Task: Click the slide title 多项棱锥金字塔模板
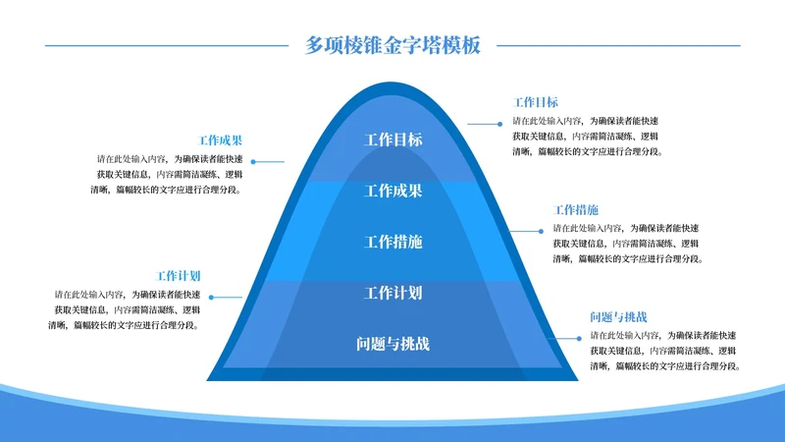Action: tap(392, 45)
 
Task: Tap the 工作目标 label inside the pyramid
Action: tap(392, 139)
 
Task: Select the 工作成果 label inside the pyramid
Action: tap(392, 191)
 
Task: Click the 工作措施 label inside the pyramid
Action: tap(392, 242)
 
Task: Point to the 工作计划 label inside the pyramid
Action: tap(392, 293)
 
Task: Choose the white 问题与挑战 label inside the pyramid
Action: tap(392, 344)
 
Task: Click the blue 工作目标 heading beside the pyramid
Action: tap(536, 102)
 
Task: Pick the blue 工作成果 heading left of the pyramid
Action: tap(221, 139)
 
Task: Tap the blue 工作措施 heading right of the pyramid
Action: tap(576, 210)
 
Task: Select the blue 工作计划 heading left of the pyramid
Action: tap(179, 276)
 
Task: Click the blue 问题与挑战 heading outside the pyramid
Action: tap(618, 317)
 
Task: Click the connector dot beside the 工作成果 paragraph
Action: tap(253, 161)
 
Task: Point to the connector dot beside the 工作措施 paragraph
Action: tap(542, 230)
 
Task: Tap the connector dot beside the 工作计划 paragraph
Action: tap(211, 297)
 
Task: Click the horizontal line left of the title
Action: tap(167, 45)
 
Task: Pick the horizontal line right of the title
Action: tap(618, 45)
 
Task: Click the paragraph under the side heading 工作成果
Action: tap(169, 173)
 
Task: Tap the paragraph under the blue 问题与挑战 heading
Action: tap(664, 351)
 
